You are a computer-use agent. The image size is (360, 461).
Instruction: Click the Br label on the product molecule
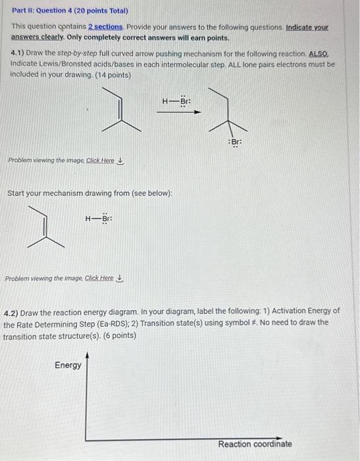234,142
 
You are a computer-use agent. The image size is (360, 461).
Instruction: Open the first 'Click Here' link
100,161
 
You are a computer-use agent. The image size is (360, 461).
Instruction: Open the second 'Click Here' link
99,278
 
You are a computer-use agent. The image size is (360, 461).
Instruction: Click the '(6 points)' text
115,335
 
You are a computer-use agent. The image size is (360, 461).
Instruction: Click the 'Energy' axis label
68,366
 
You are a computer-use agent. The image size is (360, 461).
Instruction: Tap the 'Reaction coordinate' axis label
255,444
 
